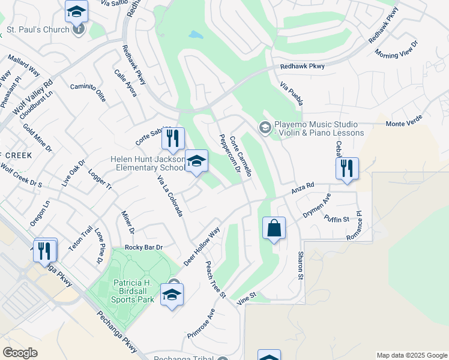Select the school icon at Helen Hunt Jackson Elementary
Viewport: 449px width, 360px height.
coord(196,161)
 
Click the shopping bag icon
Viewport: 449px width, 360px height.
coord(274,229)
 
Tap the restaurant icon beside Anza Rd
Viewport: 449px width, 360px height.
coord(347,169)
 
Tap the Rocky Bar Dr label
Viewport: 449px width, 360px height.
coord(143,247)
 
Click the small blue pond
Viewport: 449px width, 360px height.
coord(196,35)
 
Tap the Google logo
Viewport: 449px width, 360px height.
coord(20,352)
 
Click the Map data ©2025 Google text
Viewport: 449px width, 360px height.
coord(411,355)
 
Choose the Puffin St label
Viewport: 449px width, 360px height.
coord(336,218)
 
